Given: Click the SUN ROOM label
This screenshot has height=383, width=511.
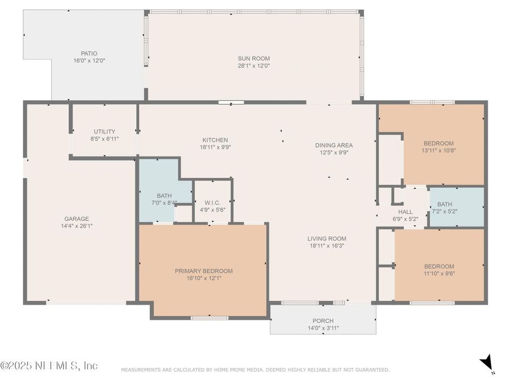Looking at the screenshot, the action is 254,58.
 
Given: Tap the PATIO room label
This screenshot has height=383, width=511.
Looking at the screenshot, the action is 89,53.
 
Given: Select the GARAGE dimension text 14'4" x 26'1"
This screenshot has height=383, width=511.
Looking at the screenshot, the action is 77,226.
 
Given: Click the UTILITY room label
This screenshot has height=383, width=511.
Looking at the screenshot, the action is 104,132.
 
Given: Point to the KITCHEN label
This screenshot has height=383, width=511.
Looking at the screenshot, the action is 215,140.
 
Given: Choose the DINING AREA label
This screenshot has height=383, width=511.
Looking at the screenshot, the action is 334,145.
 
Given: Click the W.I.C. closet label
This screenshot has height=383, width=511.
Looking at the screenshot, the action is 212,203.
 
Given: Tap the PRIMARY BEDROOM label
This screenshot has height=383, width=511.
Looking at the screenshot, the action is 204,271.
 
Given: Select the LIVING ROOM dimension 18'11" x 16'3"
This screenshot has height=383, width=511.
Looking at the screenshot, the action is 327,246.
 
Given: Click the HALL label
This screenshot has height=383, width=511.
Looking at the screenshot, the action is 405,212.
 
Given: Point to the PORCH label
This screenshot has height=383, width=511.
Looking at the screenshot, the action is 323,321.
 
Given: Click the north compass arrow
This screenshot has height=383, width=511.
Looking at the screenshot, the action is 485,362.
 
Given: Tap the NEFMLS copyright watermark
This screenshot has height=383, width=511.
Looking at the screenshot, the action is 49,365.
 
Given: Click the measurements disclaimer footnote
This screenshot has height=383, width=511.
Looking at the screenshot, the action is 255,370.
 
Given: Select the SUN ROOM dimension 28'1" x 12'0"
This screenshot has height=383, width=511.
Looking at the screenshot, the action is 254,66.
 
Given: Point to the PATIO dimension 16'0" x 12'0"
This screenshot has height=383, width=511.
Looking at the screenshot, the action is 89,61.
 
